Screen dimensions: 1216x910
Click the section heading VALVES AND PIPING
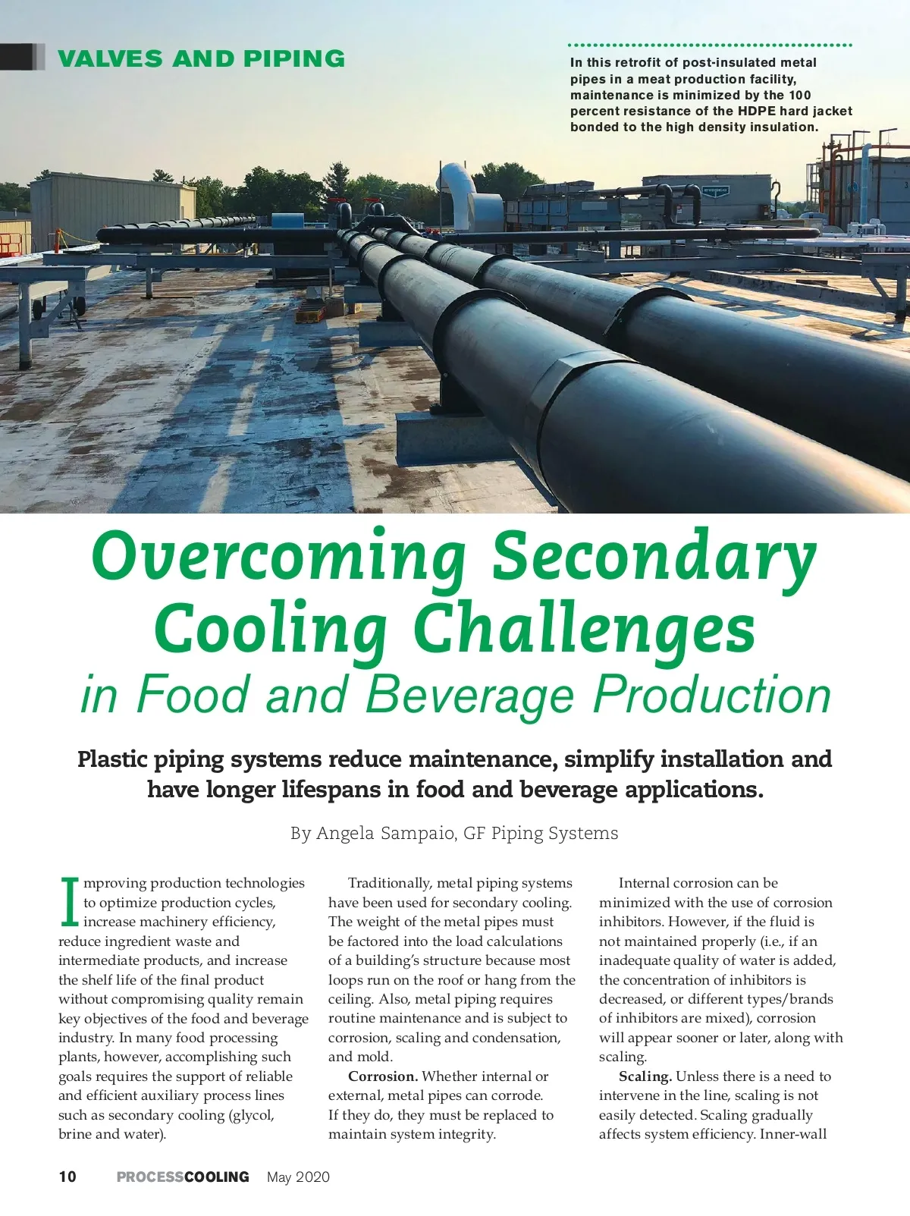pyautogui.click(x=201, y=58)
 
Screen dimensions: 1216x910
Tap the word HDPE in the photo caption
pyautogui.click(x=757, y=112)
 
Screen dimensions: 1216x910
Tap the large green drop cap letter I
pyautogui.click(x=69, y=903)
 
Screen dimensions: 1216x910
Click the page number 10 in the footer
pyautogui.click(x=67, y=1177)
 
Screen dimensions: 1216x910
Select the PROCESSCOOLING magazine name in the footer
pyautogui.click(x=183, y=1177)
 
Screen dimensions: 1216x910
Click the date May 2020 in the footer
pyautogui.click(x=298, y=1177)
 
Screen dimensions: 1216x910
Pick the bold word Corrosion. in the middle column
pyautogui.click(x=383, y=1076)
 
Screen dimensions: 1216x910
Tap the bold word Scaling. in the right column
pyautogui.click(x=645, y=1076)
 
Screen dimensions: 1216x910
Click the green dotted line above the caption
pyautogui.click(x=710, y=46)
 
